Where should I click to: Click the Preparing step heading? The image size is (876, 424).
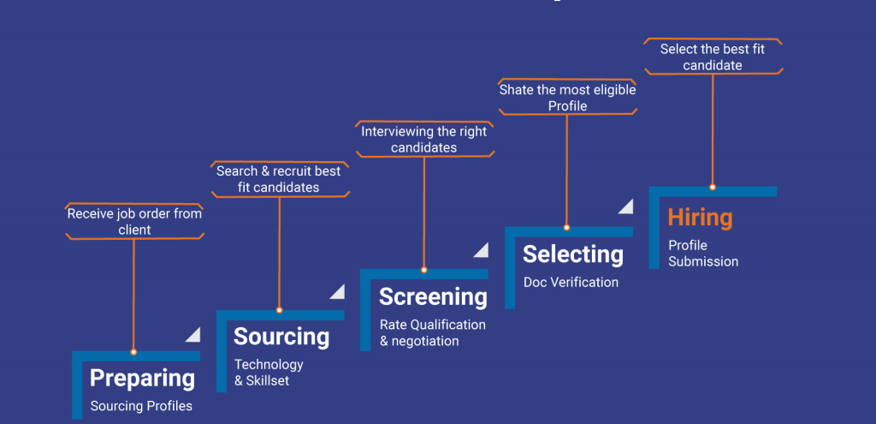click(142, 378)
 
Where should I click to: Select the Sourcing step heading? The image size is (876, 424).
click(281, 336)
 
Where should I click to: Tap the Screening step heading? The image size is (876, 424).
click(433, 296)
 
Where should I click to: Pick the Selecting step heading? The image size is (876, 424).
click(573, 254)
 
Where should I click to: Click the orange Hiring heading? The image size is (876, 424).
click(701, 218)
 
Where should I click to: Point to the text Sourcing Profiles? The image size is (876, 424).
click(141, 406)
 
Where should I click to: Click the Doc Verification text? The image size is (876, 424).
click(571, 282)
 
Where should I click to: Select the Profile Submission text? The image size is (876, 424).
click(703, 254)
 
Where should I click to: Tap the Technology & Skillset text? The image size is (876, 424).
click(269, 372)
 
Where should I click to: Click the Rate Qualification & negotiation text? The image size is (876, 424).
click(433, 332)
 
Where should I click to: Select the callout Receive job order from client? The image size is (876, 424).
click(134, 221)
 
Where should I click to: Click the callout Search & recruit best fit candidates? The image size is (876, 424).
click(279, 179)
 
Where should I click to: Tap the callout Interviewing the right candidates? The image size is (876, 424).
click(424, 140)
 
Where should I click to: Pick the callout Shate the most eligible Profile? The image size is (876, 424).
click(567, 98)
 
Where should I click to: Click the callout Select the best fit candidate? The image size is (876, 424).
click(712, 57)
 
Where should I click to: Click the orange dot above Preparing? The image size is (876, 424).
click(133, 352)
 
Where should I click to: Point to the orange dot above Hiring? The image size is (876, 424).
click(712, 187)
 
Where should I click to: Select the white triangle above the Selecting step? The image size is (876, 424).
click(626, 206)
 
